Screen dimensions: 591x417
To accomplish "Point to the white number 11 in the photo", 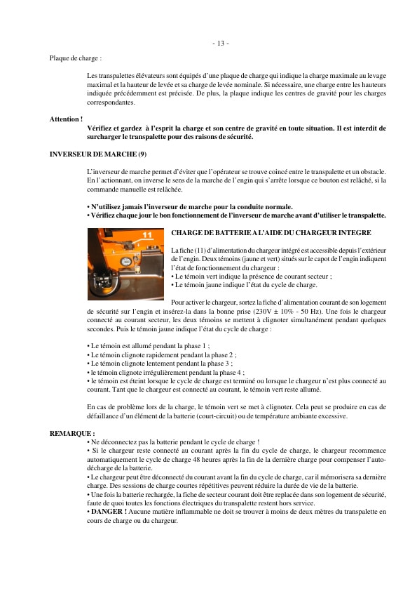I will tap(147, 234).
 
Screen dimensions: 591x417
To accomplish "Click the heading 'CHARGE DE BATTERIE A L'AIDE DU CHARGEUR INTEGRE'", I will tap(271, 232).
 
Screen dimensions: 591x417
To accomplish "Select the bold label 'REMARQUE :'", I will tap(71, 434).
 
